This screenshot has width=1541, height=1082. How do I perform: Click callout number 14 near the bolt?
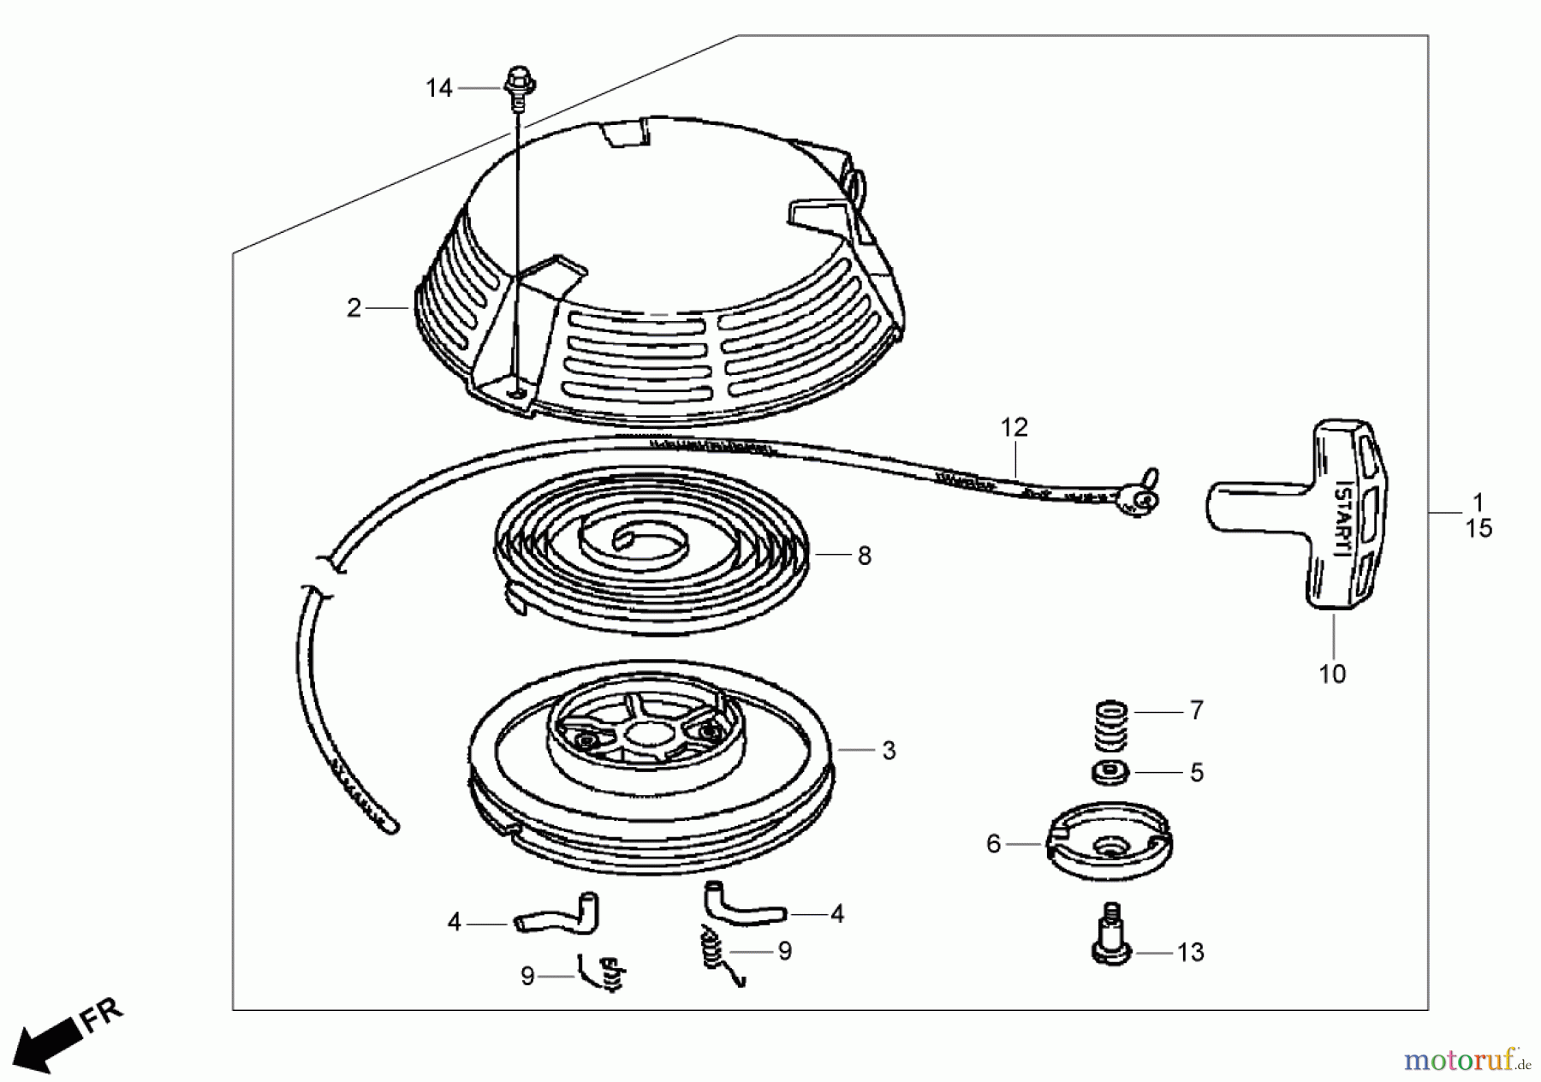tap(439, 88)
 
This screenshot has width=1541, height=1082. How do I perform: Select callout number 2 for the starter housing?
tap(354, 308)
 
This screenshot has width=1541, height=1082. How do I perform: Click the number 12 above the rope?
tap(1014, 426)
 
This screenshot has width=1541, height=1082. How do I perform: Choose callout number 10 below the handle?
tap(1333, 674)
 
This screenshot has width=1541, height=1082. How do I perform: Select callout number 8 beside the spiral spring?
tap(865, 556)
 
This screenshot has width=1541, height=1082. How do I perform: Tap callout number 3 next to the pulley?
tap(889, 751)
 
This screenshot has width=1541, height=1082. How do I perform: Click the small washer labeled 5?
tap(1110, 772)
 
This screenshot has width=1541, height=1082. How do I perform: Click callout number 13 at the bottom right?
tap(1191, 953)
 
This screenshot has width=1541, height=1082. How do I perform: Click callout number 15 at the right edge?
tap(1479, 529)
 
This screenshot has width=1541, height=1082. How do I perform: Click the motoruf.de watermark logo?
tap(1467, 1061)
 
